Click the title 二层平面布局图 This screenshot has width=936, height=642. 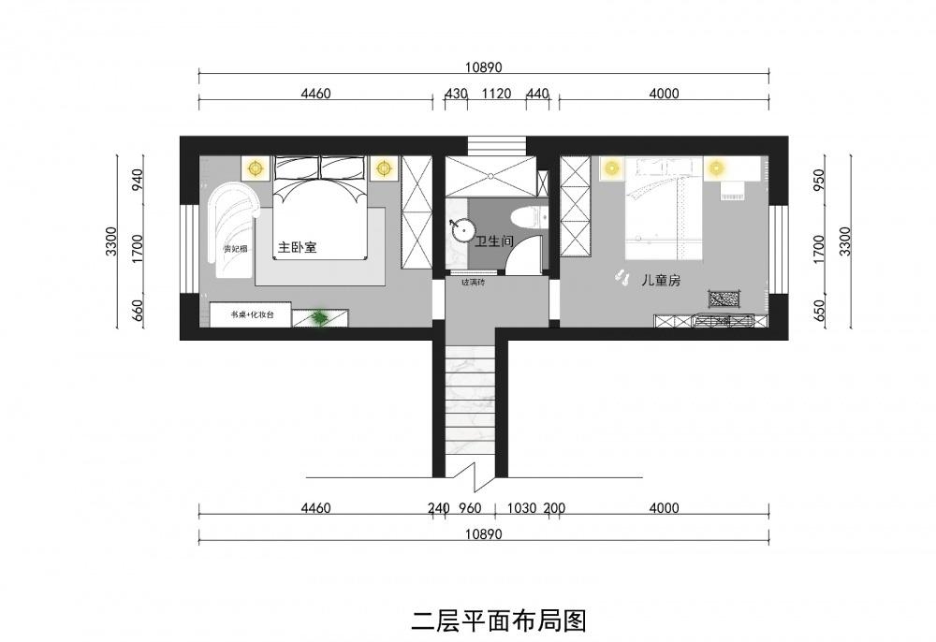tap(499, 620)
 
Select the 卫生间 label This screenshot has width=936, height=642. tap(495, 242)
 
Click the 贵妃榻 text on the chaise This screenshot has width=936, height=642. tap(233, 249)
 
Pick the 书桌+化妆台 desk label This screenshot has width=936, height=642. tap(251, 316)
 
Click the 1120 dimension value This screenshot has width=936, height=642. tap(496, 94)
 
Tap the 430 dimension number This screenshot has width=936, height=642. tap(455, 94)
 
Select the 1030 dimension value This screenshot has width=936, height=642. tap(520, 509)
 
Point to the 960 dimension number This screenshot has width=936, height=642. tap(469, 509)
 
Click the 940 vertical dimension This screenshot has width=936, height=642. tap(137, 179)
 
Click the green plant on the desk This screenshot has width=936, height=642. tap(320, 319)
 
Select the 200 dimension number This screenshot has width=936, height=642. tap(553, 509)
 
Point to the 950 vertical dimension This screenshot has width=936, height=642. tap(821, 179)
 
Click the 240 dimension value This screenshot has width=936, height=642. tap(438, 509)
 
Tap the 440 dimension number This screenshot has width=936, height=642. tap(537, 94)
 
